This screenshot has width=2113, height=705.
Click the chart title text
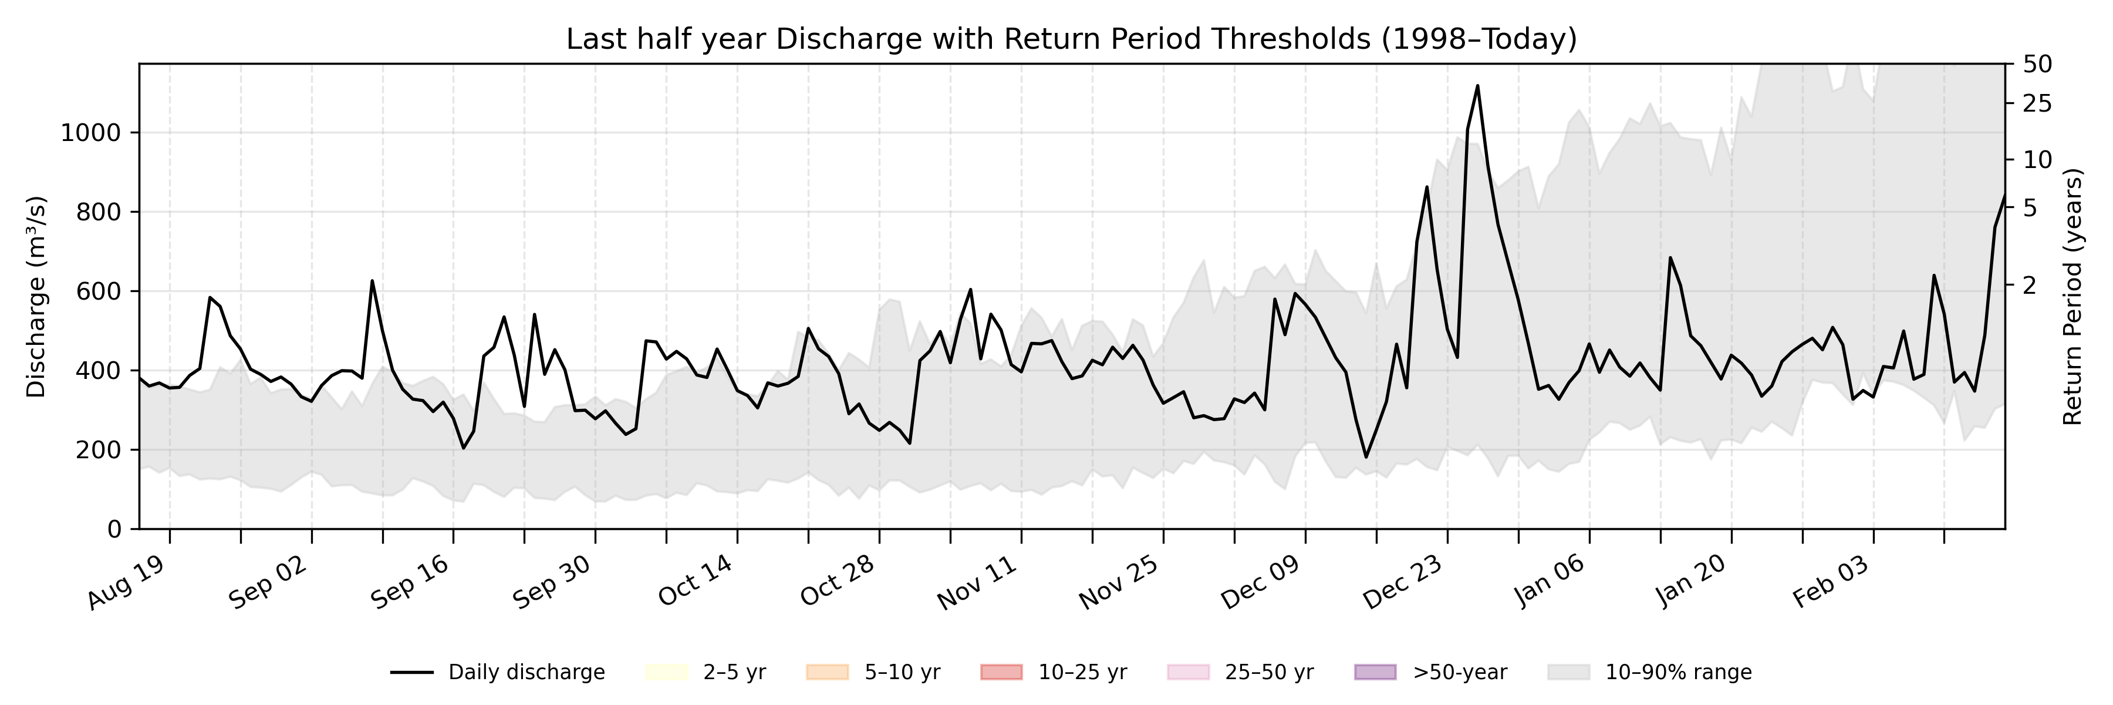pos(1071,39)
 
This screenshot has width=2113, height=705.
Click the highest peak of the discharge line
pos(1477,85)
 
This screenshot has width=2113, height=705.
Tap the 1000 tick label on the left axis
pos(90,133)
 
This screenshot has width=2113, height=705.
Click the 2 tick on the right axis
pos(2029,286)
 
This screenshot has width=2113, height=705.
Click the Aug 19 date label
pos(127,585)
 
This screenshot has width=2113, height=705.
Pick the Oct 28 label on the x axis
pos(838,585)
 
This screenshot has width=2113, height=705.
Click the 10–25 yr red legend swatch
pos(1001,672)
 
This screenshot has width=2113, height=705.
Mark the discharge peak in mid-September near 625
pos(372,281)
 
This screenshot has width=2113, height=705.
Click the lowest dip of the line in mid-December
pos(1366,457)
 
